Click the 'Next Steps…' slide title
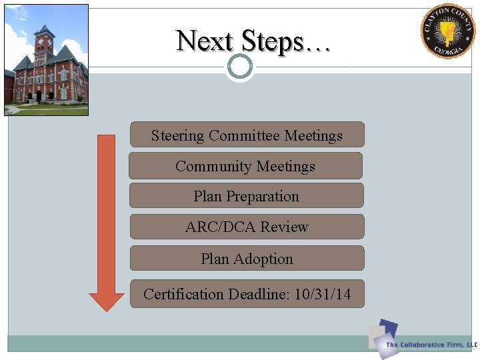click(x=253, y=41)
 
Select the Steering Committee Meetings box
click(x=247, y=135)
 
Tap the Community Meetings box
click(x=245, y=166)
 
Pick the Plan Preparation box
click(x=246, y=196)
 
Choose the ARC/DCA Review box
click(x=247, y=227)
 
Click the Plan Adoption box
click(x=247, y=259)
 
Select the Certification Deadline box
click(x=247, y=294)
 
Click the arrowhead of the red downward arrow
click(x=107, y=299)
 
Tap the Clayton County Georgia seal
click(x=447, y=31)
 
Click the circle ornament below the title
click(x=240, y=67)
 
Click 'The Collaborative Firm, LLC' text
click(x=431, y=345)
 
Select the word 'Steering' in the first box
click(x=177, y=135)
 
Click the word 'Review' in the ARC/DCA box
click(x=284, y=227)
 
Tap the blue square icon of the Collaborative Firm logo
click(x=387, y=331)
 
